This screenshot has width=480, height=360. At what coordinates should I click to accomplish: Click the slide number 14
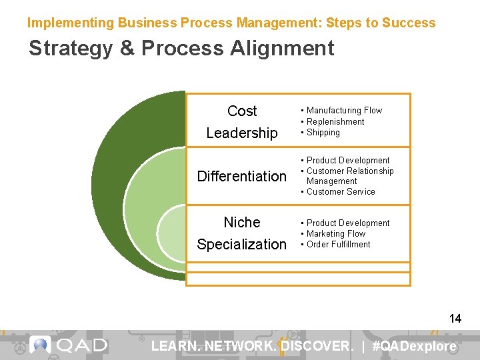(455, 319)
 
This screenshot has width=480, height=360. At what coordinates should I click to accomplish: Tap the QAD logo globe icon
(40, 345)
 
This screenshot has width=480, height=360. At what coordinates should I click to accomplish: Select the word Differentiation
(241, 176)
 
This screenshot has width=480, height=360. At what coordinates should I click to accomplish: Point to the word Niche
(242, 222)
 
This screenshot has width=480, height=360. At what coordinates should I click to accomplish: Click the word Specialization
(241, 244)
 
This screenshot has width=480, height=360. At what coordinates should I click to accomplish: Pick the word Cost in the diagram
(242, 111)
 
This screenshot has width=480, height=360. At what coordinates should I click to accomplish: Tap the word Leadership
(242, 133)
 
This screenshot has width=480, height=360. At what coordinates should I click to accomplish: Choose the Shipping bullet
(323, 133)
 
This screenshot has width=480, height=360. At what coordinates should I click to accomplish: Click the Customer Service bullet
(341, 192)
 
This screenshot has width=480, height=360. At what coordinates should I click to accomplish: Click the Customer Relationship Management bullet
(349, 176)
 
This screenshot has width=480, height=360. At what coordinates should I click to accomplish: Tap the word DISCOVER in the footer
(316, 346)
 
